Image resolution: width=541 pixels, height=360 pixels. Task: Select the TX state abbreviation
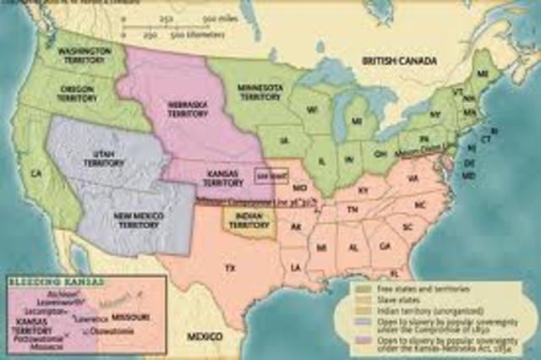coord(229,267)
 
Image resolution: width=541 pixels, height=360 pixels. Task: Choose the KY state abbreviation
coord(363,191)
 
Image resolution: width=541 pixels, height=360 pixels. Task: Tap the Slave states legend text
coord(394,300)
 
